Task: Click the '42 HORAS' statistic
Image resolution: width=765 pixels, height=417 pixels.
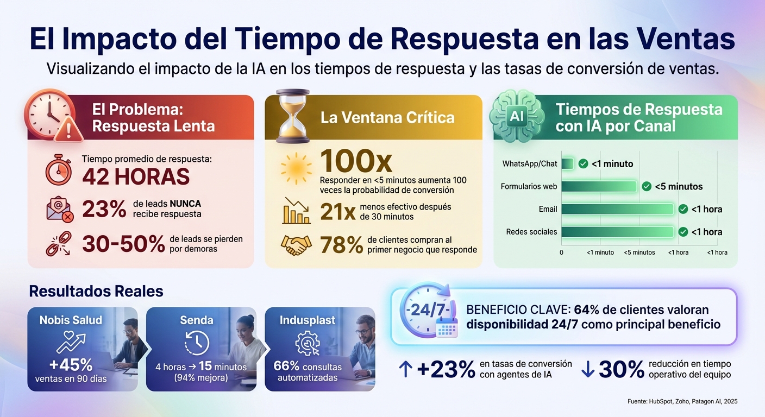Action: coord(136,177)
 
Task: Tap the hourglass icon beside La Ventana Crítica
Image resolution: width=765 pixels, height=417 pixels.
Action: coord(292,116)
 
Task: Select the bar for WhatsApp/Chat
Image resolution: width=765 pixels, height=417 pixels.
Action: coord(567,164)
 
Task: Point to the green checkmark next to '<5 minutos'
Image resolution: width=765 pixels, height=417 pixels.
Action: coord(647,186)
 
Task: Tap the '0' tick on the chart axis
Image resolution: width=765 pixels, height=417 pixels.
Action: coord(561,252)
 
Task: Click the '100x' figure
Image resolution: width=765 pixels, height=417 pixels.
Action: coord(356,161)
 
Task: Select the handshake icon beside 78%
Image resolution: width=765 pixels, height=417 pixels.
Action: coord(296,245)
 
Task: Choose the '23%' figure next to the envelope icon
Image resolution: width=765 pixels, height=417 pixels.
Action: coord(104,209)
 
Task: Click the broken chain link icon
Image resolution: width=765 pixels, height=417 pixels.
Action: coord(58,244)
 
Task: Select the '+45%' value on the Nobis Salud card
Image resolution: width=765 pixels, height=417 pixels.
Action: coord(71,364)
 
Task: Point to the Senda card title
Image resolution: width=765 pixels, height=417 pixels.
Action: coord(196,320)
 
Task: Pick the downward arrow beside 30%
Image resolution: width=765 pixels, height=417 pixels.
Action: coord(588,369)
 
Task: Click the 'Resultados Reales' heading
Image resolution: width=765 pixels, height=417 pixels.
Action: coord(96,291)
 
